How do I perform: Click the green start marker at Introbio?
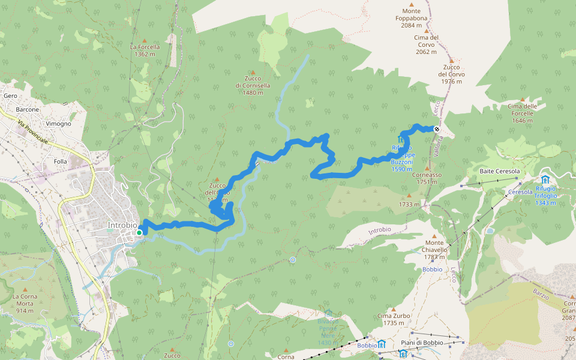click(139, 233)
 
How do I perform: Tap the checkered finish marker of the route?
click(437, 129)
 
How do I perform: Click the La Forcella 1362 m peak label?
click(145, 50)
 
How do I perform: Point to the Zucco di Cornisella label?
click(253, 82)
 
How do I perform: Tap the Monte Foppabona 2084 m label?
click(412, 18)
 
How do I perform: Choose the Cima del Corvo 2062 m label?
click(427, 44)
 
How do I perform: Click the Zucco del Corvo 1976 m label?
click(451, 74)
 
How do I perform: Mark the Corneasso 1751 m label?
click(427, 178)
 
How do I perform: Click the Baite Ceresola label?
click(499, 172)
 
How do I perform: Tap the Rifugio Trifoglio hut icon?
click(545, 179)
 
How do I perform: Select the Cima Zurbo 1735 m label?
click(393, 319)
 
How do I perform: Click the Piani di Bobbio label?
click(424, 343)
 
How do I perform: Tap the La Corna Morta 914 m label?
click(25, 304)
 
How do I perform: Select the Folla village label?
click(61, 161)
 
